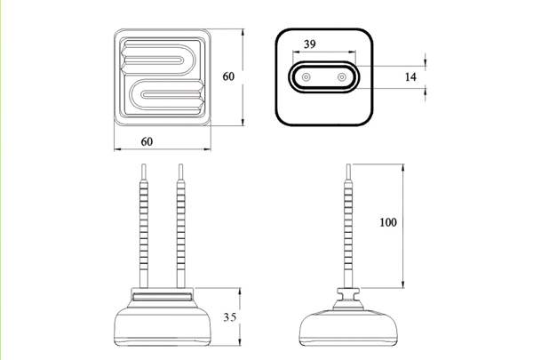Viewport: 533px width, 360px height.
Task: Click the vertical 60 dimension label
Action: [228, 76]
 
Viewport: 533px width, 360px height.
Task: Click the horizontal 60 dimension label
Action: [147, 141]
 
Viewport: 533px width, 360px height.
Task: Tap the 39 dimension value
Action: [310, 44]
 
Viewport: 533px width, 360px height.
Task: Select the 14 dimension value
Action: [410, 77]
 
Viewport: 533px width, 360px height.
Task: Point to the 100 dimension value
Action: [388, 222]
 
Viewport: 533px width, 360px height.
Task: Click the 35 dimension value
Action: [229, 317]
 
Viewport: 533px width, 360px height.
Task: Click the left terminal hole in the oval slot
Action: [306, 77]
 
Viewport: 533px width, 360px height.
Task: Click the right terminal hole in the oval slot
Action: [342, 77]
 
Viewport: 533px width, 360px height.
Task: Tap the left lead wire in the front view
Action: [144, 226]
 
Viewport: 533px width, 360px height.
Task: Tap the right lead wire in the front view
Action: [181, 226]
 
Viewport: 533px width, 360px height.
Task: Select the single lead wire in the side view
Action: [348, 226]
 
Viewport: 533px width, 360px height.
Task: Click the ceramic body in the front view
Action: [163, 324]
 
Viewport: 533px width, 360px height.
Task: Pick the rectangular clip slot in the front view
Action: [163, 296]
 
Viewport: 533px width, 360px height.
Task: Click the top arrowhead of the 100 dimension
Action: [403, 167]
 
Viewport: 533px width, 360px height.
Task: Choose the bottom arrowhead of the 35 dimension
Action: [240, 342]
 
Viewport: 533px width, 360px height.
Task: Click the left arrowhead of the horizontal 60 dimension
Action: [117, 149]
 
